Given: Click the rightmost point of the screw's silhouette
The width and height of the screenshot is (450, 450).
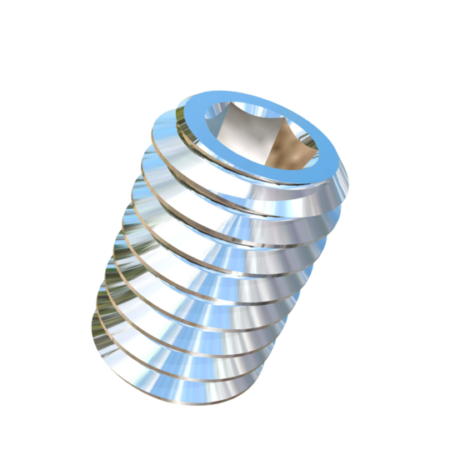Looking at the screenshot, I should (351, 166).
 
